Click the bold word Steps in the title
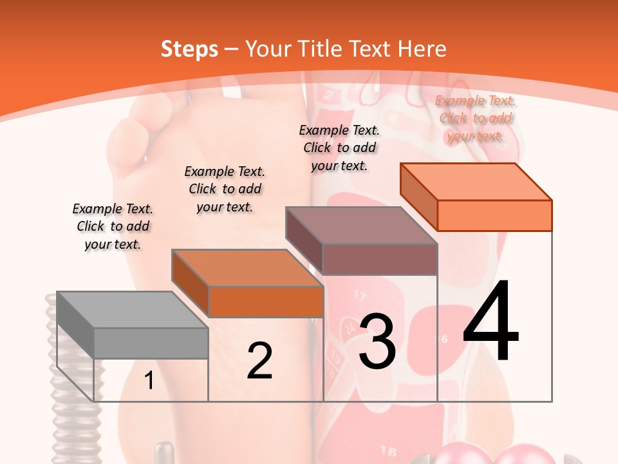point(189,49)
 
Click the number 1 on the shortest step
point(149,381)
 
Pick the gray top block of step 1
point(133,325)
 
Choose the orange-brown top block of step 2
point(248,284)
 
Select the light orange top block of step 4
point(476,197)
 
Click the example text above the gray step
point(113,226)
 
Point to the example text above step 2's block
point(225,189)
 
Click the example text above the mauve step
point(339,148)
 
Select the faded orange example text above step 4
point(475,118)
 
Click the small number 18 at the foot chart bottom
point(388,450)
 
